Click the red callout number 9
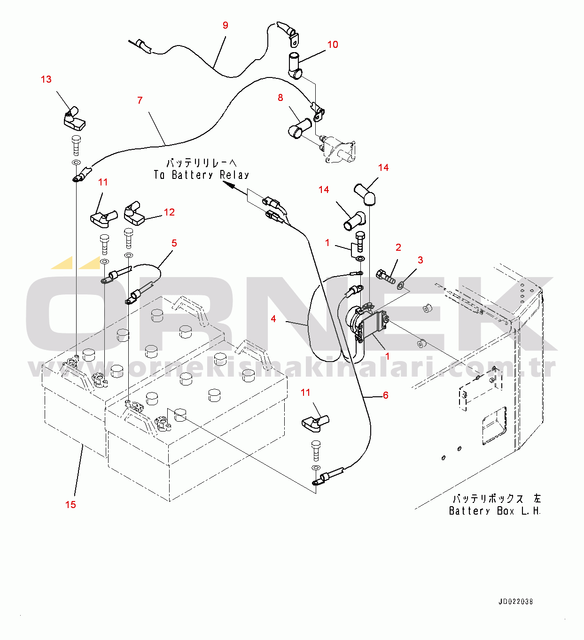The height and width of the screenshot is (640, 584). pyautogui.click(x=226, y=25)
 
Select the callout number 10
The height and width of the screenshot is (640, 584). pyautogui.click(x=332, y=45)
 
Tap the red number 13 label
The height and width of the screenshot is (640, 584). pyautogui.click(x=46, y=79)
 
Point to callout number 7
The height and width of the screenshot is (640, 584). pyautogui.click(x=140, y=100)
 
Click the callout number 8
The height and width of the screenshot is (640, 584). pyautogui.click(x=280, y=98)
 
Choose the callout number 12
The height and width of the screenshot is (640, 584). pyautogui.click(x=169, y=212)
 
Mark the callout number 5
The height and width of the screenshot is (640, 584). pyautogui.click(x=174, y=243)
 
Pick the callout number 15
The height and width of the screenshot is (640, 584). pyautogui.click(x=70, y=504)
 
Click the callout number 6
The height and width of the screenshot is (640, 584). pyautogui.click(x=386, y=395)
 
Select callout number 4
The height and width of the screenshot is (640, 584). pyautogui.click(x=273, y=318)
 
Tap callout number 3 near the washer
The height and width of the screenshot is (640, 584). pyautogui.click(x=420, y=260)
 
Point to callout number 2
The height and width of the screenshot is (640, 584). pyautogui.click(x=398, y=247)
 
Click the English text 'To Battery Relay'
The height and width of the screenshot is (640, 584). pyautogui.click(x=201, y=175)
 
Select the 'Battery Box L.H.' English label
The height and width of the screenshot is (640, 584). pyautogui.click(x=495, y=511)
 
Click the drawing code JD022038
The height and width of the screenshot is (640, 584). pyautogui.click(x=516, y=601)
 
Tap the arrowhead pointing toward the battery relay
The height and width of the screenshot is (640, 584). pyautogui.click(x=229, y=185)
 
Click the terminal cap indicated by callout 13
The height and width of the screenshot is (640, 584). pyautogui.click(x=73, y=119)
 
